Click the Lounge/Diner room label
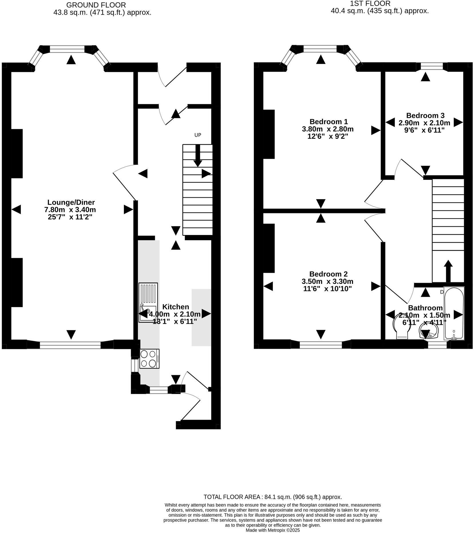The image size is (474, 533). pos(71,202)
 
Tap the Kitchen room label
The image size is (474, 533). pos(175,307)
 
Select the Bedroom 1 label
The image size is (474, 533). pos(329,122)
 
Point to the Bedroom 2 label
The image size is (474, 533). pos(328,274)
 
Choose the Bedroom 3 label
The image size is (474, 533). pos(425,116)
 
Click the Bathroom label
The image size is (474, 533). pos(425,308)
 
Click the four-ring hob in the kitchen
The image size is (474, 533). pos(149,359)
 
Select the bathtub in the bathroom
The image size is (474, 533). pos(454,313)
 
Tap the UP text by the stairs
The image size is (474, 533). pos(198,135)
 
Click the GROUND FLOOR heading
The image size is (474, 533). pos(96,5)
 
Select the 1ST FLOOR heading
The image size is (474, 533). pos(370,4)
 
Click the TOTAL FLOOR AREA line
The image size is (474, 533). pos(273,497)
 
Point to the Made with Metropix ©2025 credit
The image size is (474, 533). pos(273,530)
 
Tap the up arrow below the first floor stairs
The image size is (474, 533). pos(448,271)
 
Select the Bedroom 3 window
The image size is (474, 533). pos(432,67)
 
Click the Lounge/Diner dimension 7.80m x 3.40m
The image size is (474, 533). pos(70,210)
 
